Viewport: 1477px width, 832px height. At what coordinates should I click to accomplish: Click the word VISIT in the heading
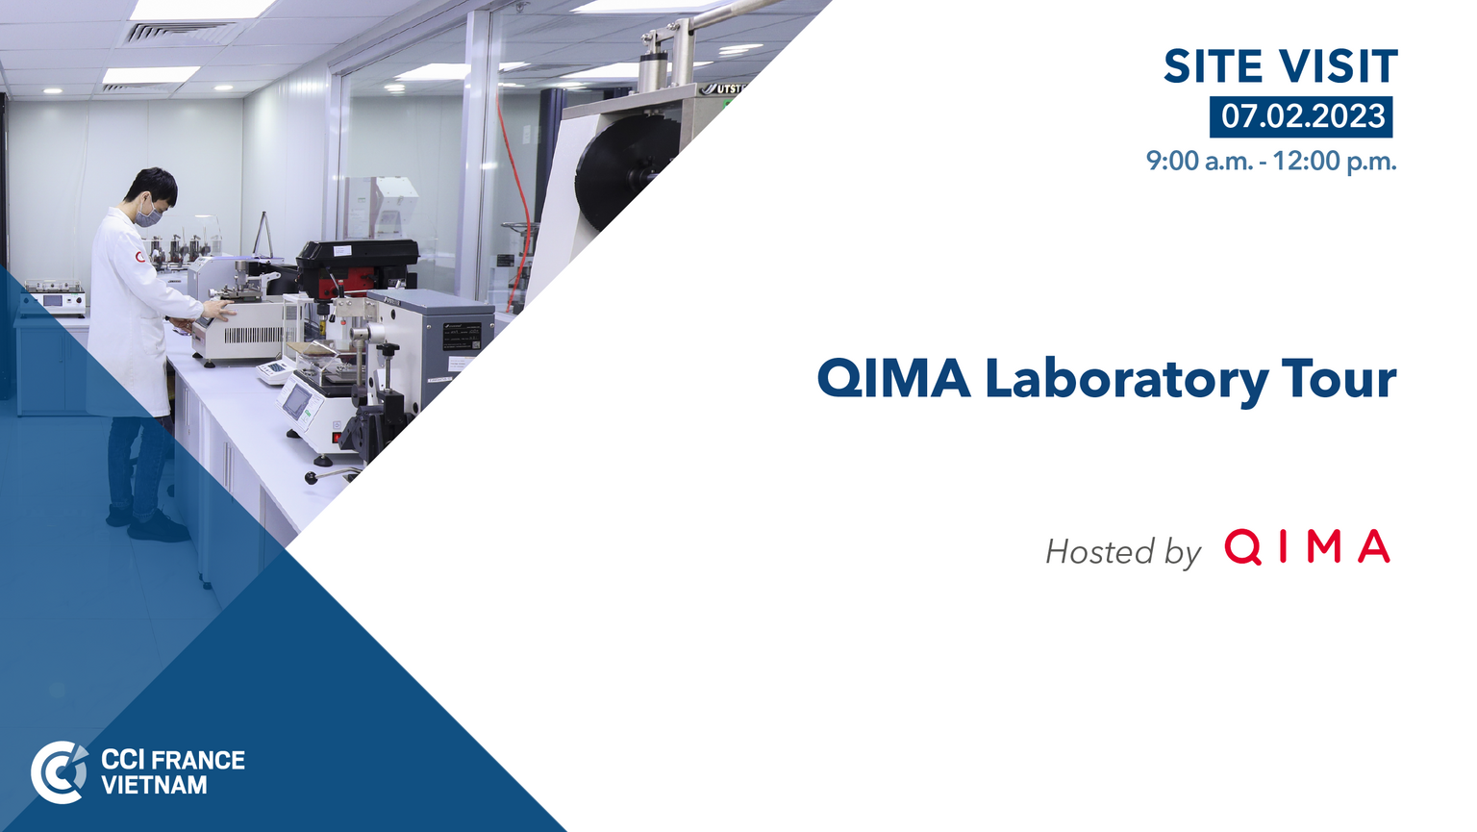pos(1339,66)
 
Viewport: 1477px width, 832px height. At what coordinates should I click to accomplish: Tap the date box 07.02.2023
pos(1301,116)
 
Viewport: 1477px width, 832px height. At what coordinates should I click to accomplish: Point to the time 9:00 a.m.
pos(1199,161)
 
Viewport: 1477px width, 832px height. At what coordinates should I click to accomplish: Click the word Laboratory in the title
pos(1127,381)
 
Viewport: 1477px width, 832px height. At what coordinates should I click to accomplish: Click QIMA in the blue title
pos(893,379)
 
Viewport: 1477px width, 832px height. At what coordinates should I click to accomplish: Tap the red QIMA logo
pos(1307,547)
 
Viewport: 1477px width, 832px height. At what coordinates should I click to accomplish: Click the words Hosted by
pos(1123,551)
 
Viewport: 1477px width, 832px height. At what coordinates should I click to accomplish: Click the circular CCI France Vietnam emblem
pos(60,772)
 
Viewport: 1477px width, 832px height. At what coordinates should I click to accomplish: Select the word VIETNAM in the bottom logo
pos(154,785)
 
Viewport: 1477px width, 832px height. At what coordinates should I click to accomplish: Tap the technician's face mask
pos(150,214)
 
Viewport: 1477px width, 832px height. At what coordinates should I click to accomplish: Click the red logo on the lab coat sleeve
pos(139,257)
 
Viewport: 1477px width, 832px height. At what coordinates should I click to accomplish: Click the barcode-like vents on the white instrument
pos(254,335)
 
